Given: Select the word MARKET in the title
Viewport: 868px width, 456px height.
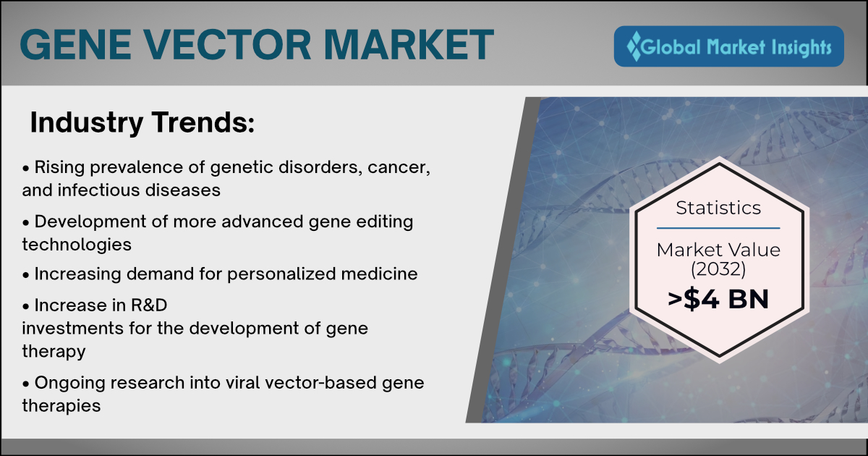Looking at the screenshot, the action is pyautogui.click(x=409, y=45).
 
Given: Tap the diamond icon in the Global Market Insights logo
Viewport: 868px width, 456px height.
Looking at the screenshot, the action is pyautogui.click(x=634, y=46).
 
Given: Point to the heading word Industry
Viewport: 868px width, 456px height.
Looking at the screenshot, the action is pyautogui.click(x=87, y=123).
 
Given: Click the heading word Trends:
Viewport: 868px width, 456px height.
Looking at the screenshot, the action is pyautogui.click(x=203, y=122).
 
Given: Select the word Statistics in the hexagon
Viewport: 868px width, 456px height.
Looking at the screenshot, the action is pyautogui.click(x=718, y=208).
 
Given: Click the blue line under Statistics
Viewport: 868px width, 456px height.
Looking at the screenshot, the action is pyautogui.click(x=718, y=229).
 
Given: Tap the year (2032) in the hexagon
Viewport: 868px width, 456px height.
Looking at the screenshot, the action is pyautogui.click(x=718, y=269).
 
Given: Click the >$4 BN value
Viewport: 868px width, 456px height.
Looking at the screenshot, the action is pyautogui.click(x=718, y=299).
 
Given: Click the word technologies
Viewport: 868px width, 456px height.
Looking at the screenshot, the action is pyautogui.click(x=77, y=245).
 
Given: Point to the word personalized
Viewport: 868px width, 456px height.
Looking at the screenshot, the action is pyautogui.click(x=281, y=274).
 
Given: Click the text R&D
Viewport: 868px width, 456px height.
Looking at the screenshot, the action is pyautogui.click(x=149, y=305).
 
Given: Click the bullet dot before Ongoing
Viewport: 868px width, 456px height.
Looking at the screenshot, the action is pyautogui.click(x=26, y=384).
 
